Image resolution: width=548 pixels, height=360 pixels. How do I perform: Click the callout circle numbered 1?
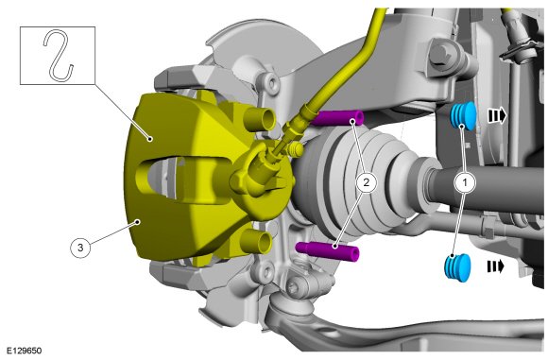coord(465,182)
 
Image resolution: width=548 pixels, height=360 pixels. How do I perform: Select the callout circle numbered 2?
coord(366,182)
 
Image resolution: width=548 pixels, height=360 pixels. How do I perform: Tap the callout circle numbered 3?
coord(80,248)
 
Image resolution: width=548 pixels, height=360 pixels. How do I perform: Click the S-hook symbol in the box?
coord(59,55)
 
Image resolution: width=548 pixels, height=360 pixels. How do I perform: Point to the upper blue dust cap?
coord(463,116)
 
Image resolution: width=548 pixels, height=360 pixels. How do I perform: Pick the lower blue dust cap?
coord(457,267)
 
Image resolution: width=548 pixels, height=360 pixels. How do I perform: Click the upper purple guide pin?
coord(337,118)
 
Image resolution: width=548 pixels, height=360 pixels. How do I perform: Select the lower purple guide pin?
coord(328,251)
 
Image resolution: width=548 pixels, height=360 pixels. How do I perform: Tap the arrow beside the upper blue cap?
coord(497,115)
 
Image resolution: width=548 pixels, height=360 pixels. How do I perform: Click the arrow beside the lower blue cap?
coord(496,266)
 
